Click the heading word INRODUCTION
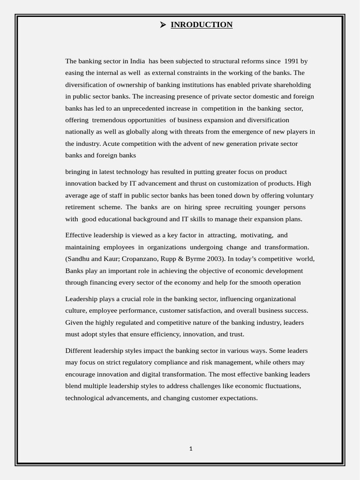coord(202,25)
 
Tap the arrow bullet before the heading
coord(163,25)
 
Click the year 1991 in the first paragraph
coord(291,61)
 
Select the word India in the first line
coord(137,61)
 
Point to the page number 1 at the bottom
coord(191,449)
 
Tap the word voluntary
coord(299,195)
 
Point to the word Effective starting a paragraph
coord(80,235)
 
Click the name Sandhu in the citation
coord(78,259)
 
